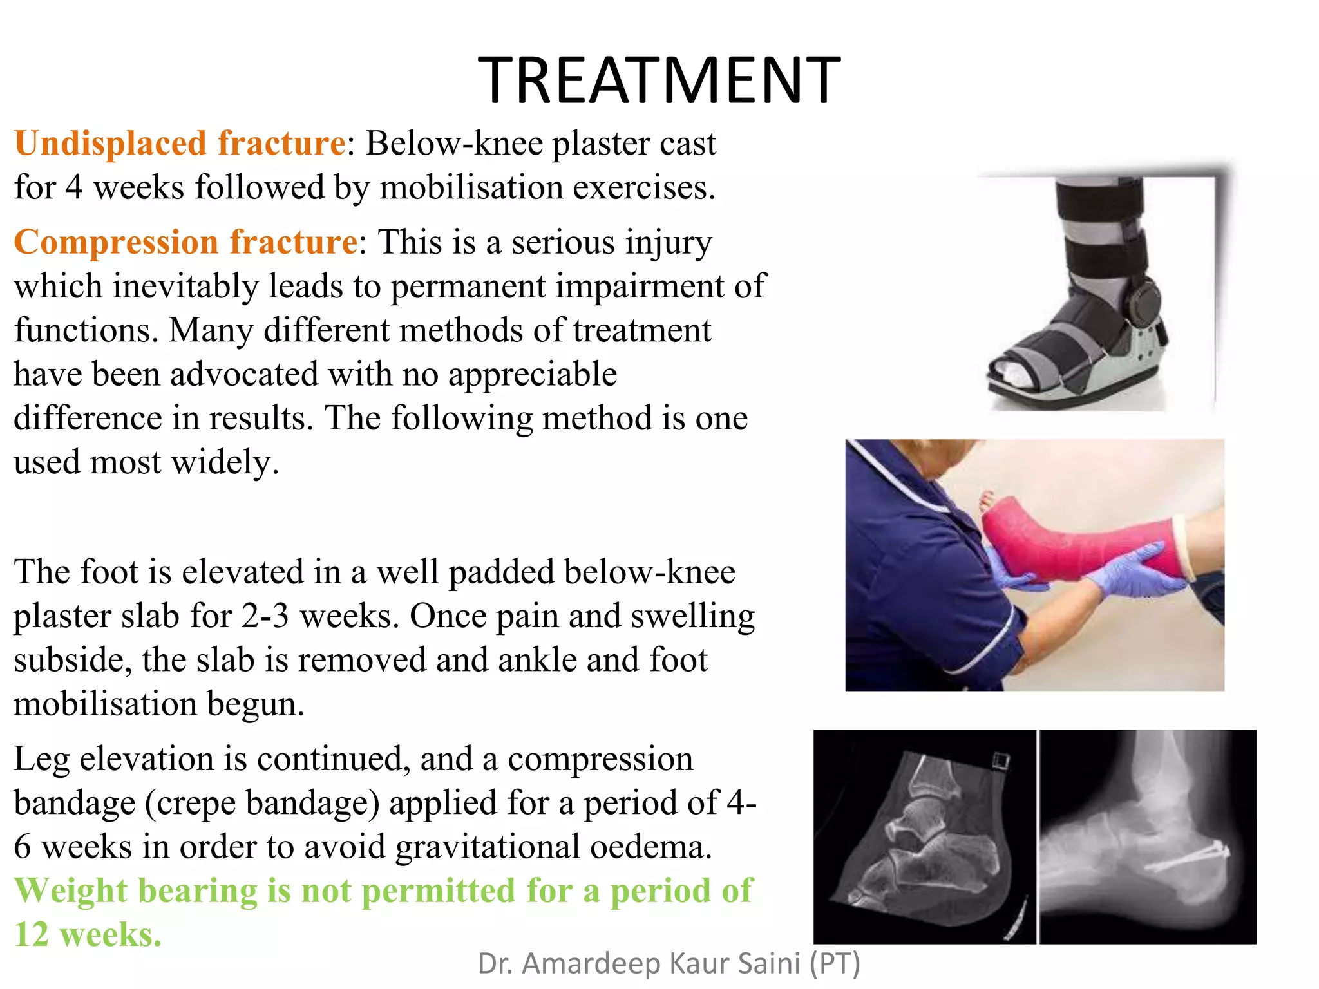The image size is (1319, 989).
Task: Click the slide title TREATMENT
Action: click(659, 80)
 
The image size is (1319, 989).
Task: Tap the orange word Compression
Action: click(116, 242)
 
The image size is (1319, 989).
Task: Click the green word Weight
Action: click(71, 890)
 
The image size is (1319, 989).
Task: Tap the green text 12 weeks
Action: click(88, 934)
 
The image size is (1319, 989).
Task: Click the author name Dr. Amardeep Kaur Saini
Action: click(669, 963)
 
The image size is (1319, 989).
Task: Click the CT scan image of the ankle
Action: click(924, 836)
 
